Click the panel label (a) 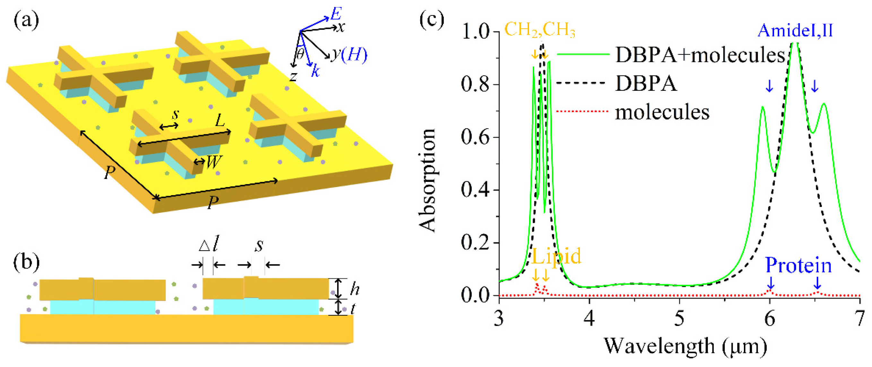[x=26, y=21]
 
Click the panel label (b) [x=26, y=262]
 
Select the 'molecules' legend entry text [x=662, y=112]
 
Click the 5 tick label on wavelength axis [x=679, y=319]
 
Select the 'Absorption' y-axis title [x=427, y=181]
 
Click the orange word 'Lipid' [x=556, y=256]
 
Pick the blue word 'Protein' [x=798, y=265]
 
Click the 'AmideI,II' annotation [x=795, y=30]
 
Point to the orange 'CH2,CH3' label [x=540, y=30]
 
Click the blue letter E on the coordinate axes [x=336, y=14]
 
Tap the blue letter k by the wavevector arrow [x=315, y=71]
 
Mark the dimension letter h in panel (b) [x=354, y=289]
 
